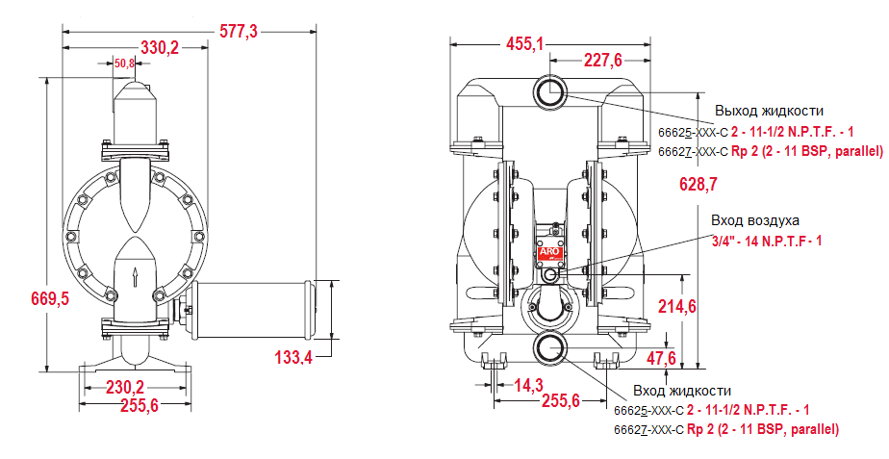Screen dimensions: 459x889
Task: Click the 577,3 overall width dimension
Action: [x=239, y=32]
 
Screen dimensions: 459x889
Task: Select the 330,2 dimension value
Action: [x=160, y=49]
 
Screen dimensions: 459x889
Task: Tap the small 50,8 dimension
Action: [x=124, y=64]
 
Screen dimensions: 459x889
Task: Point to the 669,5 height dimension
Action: [x=22, y=298]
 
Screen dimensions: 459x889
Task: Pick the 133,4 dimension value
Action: [x=293, y=358]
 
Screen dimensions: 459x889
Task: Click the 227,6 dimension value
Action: [x=602, y=61]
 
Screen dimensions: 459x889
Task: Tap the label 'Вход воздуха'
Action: [x=754, y=220]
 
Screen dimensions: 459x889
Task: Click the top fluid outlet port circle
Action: [x=551, y=92]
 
